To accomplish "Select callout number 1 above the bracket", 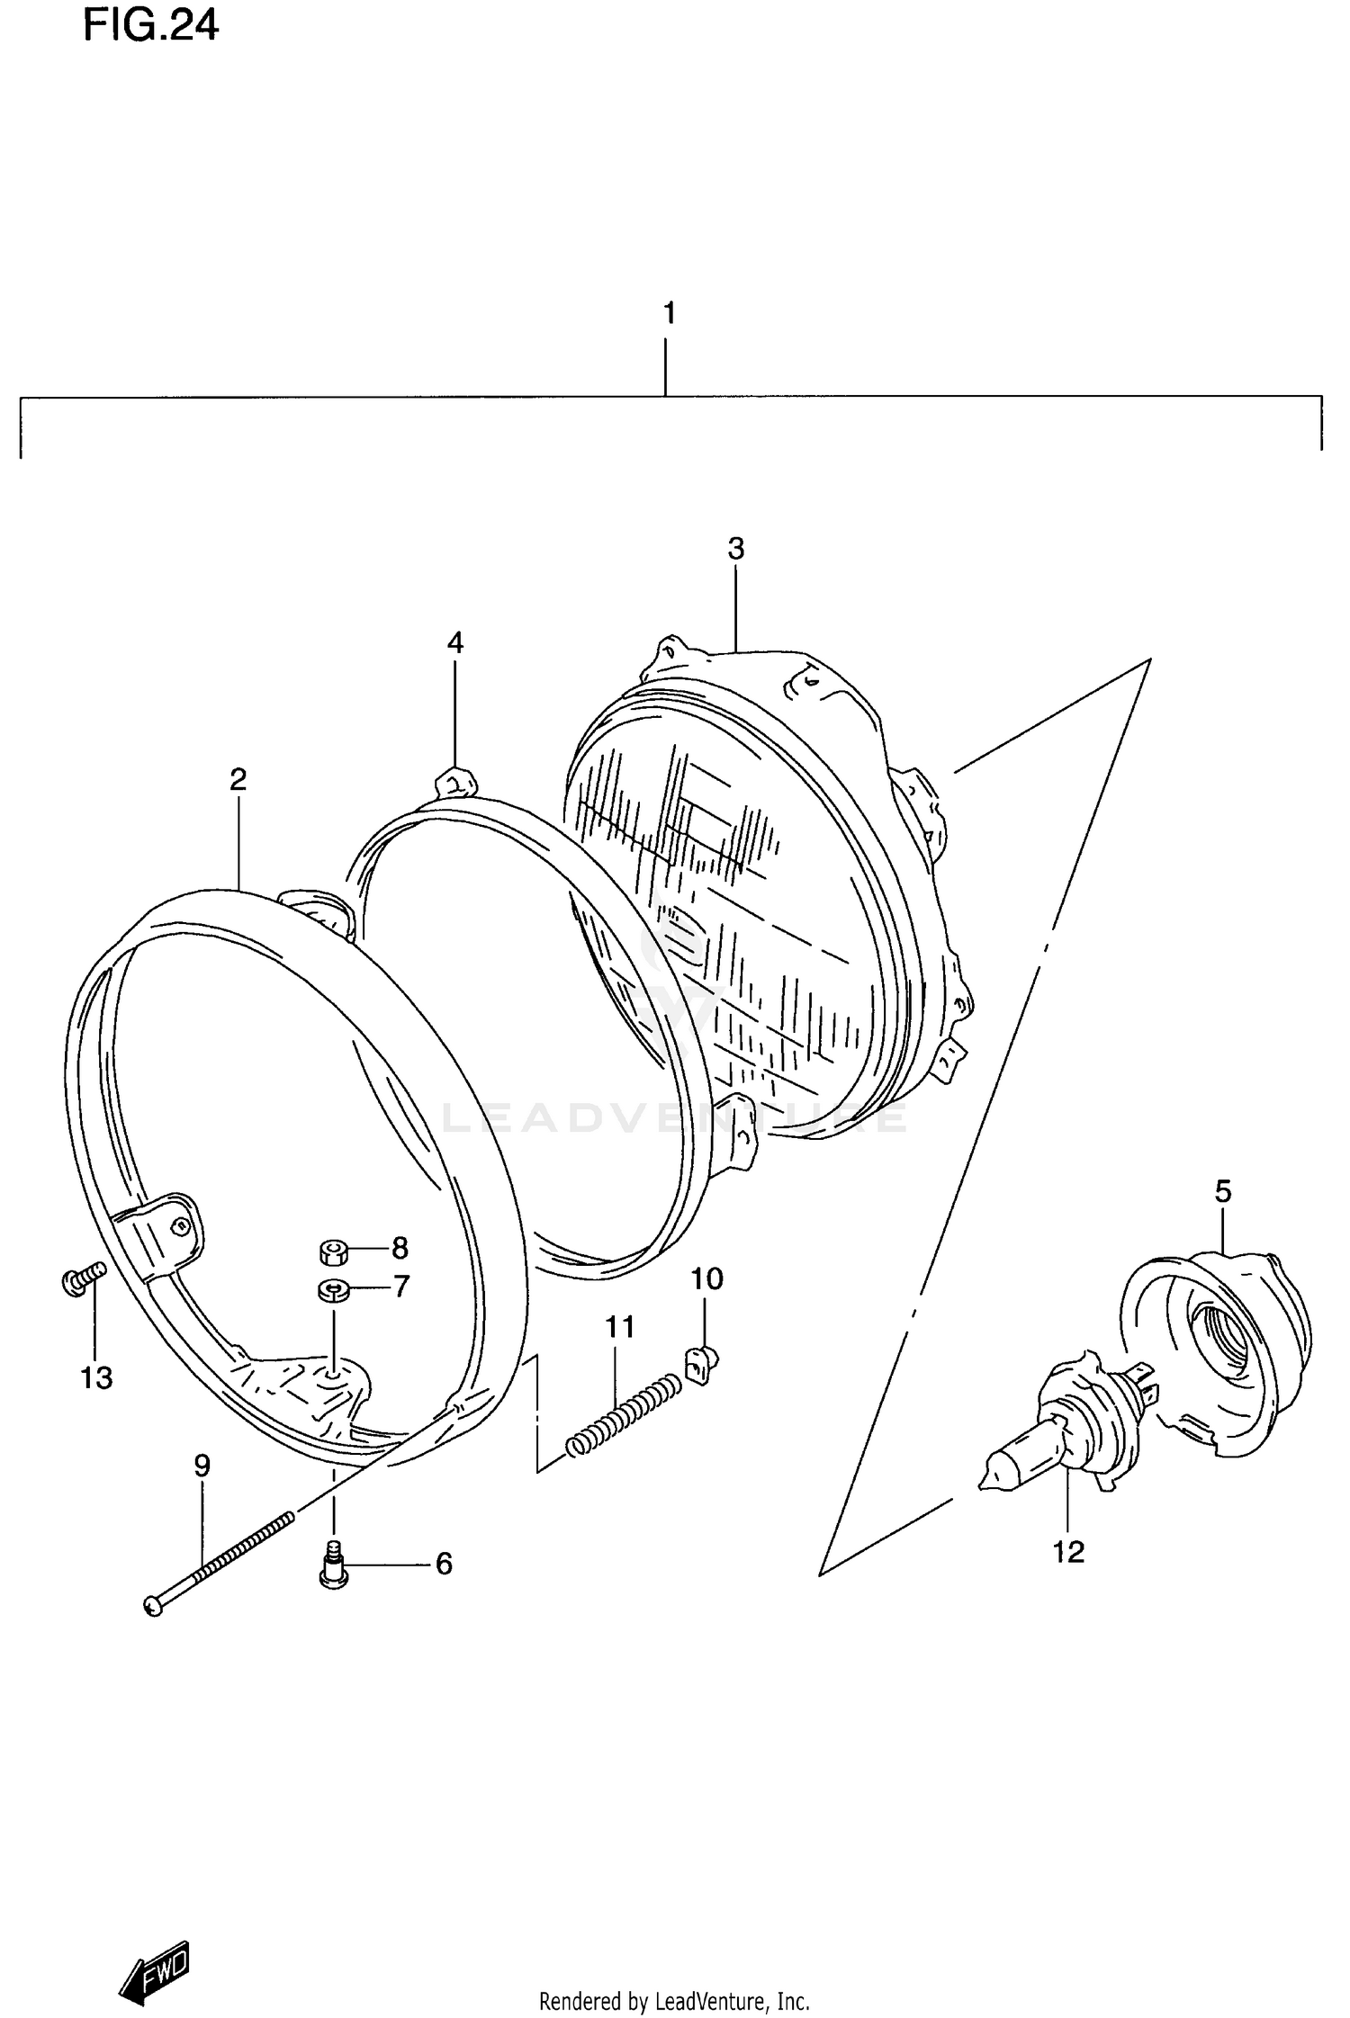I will [668, 313].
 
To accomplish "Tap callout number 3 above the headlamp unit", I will [736, 548].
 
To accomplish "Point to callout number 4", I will [455, 642].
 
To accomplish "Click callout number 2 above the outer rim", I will [238, 778].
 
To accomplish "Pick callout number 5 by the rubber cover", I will [1222, 1191].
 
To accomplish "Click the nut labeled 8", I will [334, 1251].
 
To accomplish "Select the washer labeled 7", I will [333, 1290].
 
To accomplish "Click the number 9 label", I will [202, 1466].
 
